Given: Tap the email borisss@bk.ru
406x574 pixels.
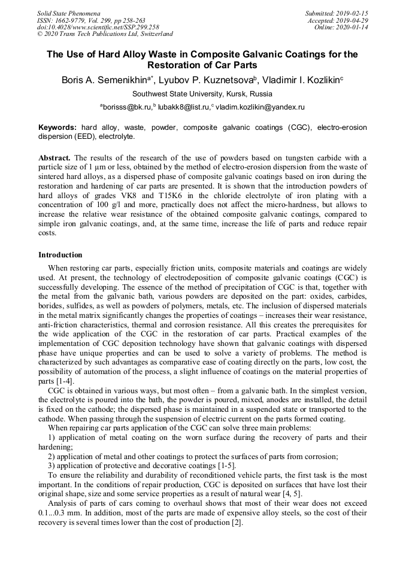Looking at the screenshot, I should (126, 107).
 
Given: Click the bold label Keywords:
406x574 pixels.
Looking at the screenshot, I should (57, 127).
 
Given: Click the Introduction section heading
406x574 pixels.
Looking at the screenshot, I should (60, 255).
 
